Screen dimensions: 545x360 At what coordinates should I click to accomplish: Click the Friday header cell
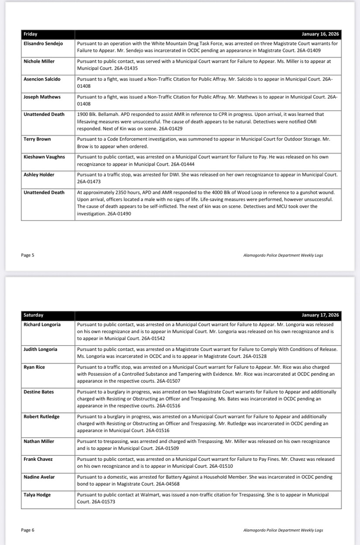tap(31, 34)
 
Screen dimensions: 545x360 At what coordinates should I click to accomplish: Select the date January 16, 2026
tap(320, 34)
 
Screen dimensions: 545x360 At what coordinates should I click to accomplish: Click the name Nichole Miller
tap(39, 61)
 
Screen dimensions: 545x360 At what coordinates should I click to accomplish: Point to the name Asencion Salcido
tap(42, 79)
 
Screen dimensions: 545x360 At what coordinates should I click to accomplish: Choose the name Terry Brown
tap(37, 139)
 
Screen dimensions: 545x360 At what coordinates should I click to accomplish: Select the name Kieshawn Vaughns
tap(44, 157)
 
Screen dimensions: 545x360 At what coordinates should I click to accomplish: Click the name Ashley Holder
tap(39, 174)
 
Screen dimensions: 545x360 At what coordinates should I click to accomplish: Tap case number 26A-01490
tap(119, 214)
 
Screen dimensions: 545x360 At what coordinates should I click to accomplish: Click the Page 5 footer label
tap(27, 255)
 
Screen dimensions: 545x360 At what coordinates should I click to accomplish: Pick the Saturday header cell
tap(34, 315)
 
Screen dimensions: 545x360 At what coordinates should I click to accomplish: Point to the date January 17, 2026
tap(320, 315)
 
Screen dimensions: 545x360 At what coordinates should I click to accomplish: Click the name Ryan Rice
tap(34, 367)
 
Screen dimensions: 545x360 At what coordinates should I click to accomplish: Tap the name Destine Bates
tap(38, 392)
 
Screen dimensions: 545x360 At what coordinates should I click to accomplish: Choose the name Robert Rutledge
tap(41, 416)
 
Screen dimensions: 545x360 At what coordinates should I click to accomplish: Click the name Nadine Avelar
tap(39, 477)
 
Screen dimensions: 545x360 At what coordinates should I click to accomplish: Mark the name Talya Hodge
tap(37, 494)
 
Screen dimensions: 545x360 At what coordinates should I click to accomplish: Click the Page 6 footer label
tap(27, 530)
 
